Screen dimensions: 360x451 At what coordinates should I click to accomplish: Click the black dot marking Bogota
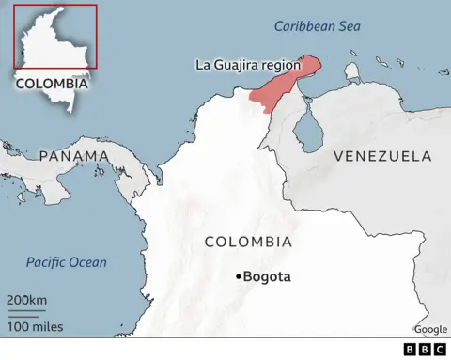coord(238,276)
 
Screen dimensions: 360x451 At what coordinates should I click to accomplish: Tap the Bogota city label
coord(267,276)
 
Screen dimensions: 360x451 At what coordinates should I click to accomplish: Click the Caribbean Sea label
coord(317,27)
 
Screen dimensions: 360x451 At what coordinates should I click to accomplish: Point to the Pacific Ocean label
coord(66,262)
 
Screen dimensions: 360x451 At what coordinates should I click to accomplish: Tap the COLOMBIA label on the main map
coord(248,242)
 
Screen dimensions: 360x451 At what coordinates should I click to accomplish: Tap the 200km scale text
coord(26,299)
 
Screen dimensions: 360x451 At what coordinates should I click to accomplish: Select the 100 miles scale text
coord(35,326)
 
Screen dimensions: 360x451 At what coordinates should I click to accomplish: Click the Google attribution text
coord(430,329)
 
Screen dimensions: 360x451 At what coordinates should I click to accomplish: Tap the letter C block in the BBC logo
coord(439,350)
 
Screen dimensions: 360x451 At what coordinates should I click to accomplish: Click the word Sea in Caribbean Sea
coord(348,27)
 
